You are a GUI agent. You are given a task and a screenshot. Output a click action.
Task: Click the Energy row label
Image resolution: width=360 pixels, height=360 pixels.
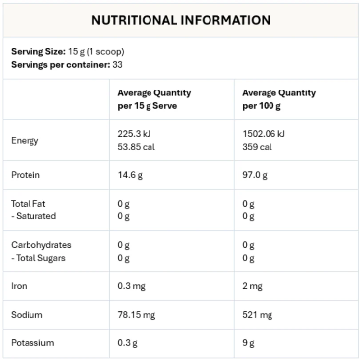click(x=26, y=140)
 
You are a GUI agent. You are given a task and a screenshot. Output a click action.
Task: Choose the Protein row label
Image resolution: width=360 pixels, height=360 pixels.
click(x=27, y=175)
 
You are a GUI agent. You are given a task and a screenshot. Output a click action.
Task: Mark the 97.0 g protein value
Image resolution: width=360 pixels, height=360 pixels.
click(x=256, y=175)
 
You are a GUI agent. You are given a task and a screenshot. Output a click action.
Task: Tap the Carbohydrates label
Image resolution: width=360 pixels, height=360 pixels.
click(x=42, y=244)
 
